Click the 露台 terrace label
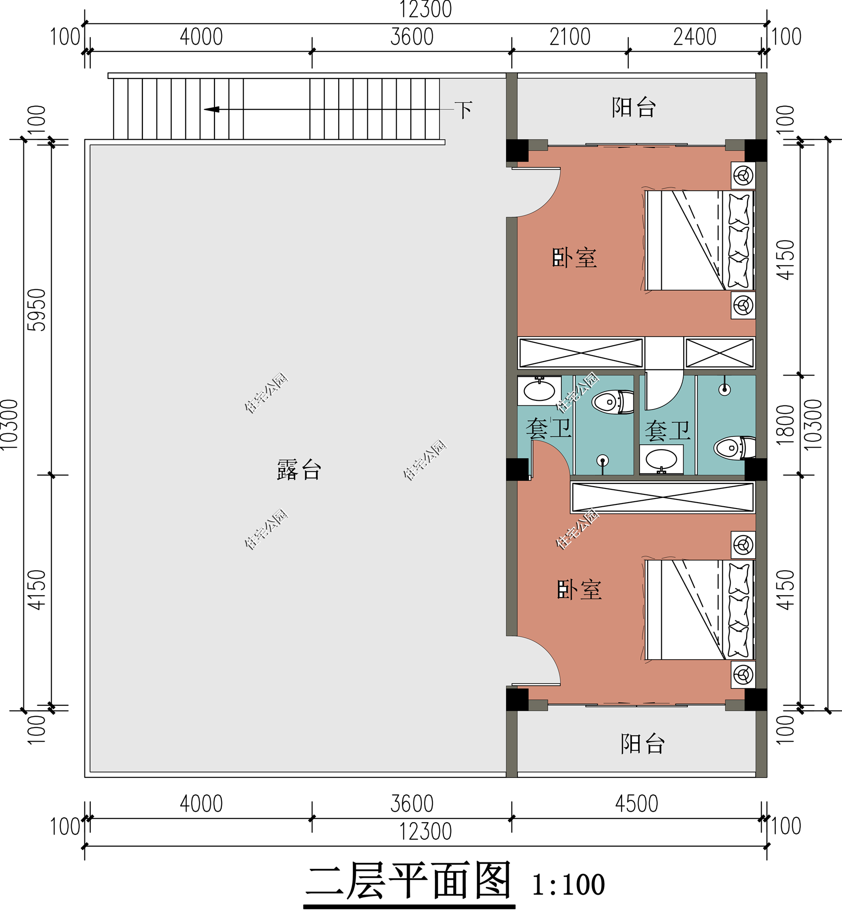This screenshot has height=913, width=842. coord(299,470)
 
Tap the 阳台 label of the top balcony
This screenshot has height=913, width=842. coord(634,108)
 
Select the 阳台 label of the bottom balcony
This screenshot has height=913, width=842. coord(642,744)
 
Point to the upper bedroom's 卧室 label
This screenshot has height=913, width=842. coord(575,258)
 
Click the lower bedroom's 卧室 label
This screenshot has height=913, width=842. coord(580,590)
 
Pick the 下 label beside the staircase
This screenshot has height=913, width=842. coord(464,110)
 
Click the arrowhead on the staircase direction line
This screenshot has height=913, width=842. coord(211,109)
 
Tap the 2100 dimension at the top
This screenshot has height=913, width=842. coord(570,37)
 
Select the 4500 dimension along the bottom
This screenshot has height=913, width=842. coord(637,804)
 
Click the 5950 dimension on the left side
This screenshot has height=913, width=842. coord(37,310)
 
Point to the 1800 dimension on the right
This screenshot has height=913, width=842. coord(785,425)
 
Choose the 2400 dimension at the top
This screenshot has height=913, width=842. coord(695,37)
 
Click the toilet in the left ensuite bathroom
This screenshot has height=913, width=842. coord(613,402)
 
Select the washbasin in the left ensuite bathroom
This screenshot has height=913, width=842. coord(539,390)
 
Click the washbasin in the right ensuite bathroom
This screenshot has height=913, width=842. coord(661,459)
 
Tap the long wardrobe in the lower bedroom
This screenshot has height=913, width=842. coord(663,497)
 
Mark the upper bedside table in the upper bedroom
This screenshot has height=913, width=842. coord(743,175)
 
